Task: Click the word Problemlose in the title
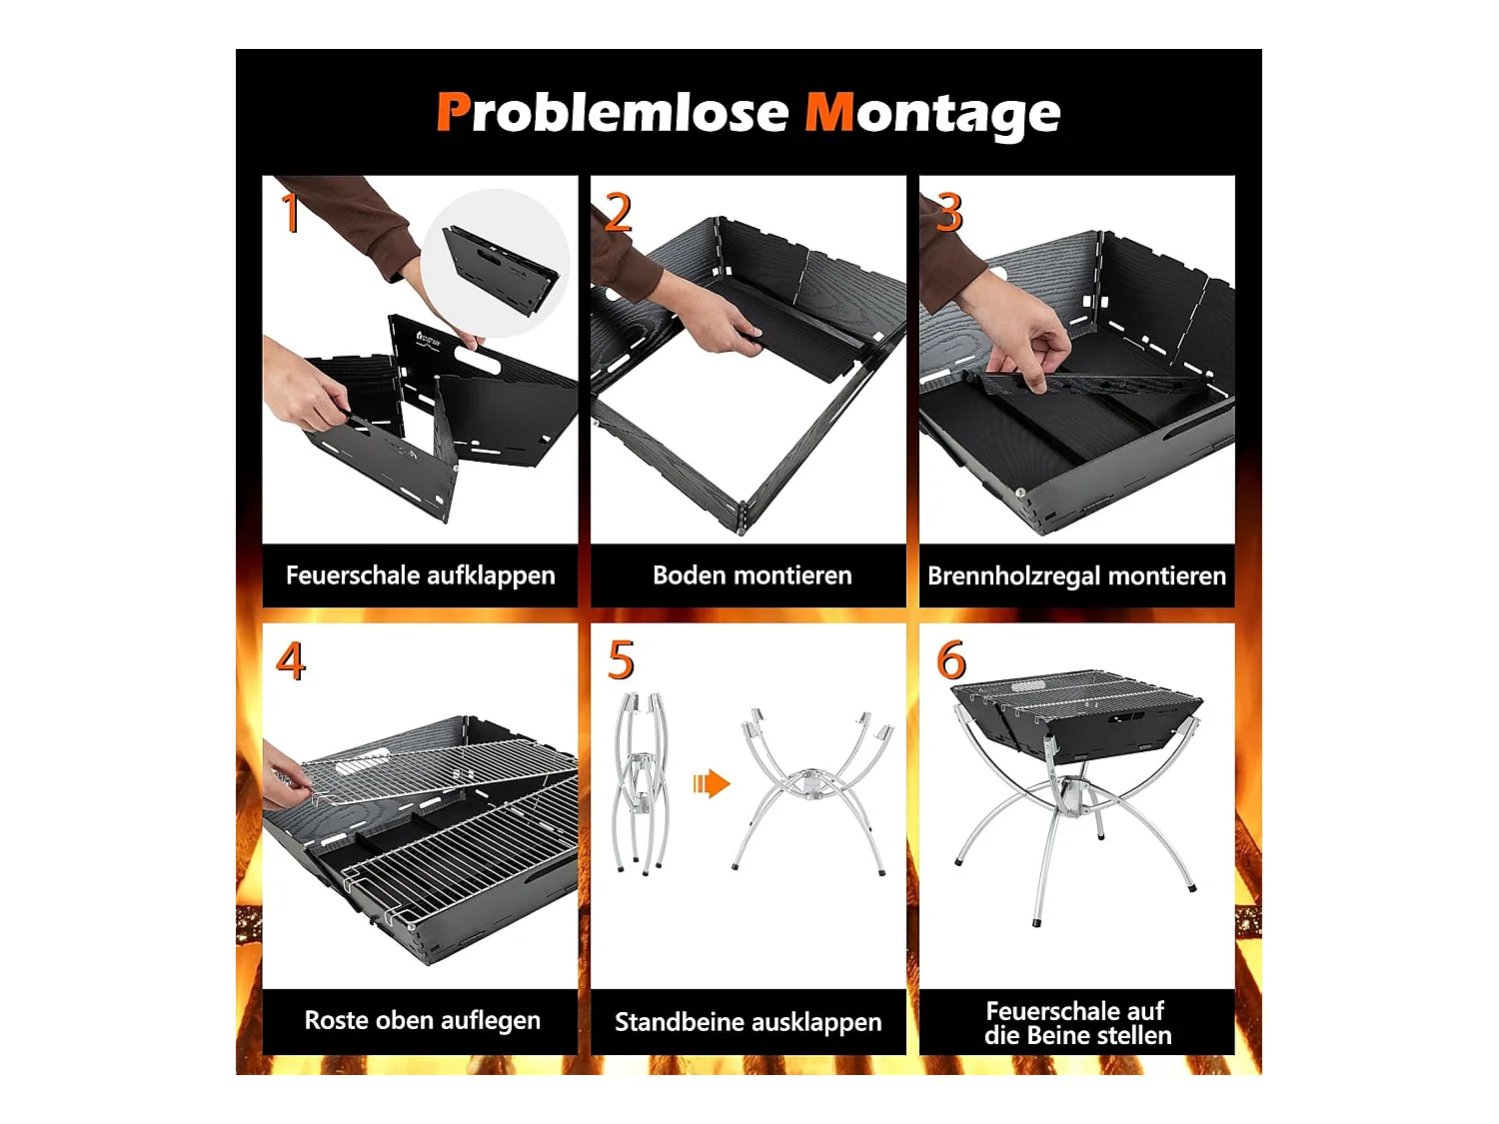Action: point(613,112)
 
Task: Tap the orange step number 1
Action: point(290,212)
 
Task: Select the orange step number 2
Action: point(618,212)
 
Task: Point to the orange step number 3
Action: point(949,212)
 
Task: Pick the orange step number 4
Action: point(290,660)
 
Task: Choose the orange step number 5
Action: point(621,660)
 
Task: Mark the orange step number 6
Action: point(951,660)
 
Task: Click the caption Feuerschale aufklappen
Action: point(420,575)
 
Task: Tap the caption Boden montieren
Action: point(751,574)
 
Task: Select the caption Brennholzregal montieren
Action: point(1076,576)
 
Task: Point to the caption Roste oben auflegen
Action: point(422,1020)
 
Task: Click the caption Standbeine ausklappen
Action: point(748,1022)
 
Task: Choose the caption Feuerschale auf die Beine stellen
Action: point(1077,1022)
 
